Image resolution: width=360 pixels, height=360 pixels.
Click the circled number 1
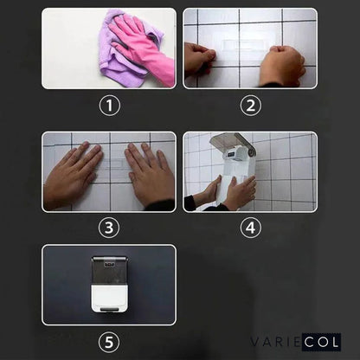pos(109,106)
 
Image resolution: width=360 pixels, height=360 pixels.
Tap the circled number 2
pos(250,106)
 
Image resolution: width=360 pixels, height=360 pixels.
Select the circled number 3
pos(109,228)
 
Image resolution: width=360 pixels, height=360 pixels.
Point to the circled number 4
pos(250,228)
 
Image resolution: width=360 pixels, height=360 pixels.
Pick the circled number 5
pos(109,342)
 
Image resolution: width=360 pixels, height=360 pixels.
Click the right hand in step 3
pos(149,173)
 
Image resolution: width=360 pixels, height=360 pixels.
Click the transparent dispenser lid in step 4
pos(234,143)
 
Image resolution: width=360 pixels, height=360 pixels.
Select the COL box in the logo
pos(321,342)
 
